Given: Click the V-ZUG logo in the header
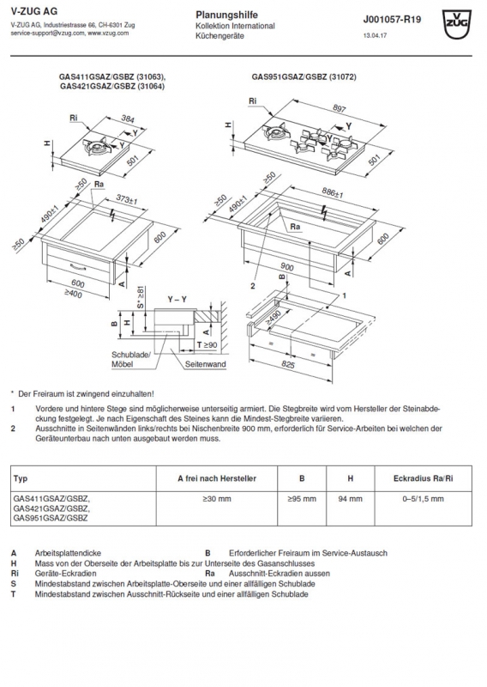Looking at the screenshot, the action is click(x=457, y=24).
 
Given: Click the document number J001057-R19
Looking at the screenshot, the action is click(x=392, y=20).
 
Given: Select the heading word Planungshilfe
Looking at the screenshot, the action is click(x=226, y=15).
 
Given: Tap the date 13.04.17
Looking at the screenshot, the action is click(x=375, y=35).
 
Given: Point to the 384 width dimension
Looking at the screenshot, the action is click(x=128, y=119).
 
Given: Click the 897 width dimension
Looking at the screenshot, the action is click(x=340, y=108).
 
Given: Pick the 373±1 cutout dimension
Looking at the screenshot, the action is click(x=127, y=200).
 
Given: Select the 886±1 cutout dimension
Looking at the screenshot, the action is click(x=332, y=192).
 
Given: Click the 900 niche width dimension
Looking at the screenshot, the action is click(x=287, y=266).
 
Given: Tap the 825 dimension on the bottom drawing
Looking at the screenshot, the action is click(x=287, y=364).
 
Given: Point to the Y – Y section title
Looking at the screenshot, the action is click(x=177, y=300).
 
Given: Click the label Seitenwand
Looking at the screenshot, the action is click(x=205, y=364).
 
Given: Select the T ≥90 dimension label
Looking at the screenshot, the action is click(x=207, y=345).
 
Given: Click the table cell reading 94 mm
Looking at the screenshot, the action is click(x=350, y=499).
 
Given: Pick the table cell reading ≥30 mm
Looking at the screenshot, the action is click(x=217, y=499).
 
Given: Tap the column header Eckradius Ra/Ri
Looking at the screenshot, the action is click(x=423, y=478).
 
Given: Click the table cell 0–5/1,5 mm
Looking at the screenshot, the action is click(x=423, y=499).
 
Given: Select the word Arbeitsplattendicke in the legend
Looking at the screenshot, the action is click(x=68, y=553).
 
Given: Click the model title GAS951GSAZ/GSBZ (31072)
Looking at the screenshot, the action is click(x=304, y=76).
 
